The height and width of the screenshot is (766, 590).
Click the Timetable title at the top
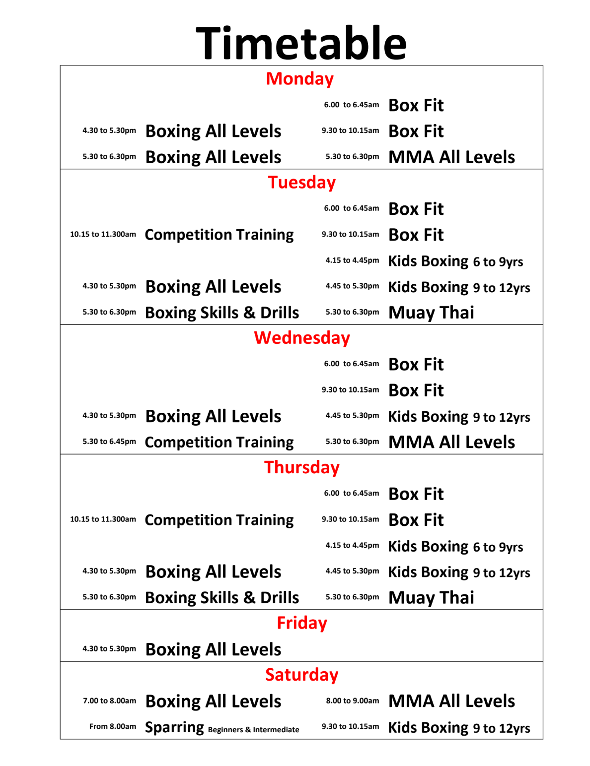[x=301, y=43]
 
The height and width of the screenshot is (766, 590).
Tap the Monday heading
[x=299, y=79]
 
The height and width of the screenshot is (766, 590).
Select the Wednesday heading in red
[x=301, y=338]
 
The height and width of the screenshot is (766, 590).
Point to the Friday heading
[x=301, y=623]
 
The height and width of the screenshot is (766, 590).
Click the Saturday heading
[x=301, y=675]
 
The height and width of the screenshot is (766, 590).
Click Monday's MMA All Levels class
[x=451, y=157]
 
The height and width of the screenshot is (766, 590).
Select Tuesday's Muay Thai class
[x=431, y=313]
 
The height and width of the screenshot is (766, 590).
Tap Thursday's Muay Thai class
[x=431, y=597]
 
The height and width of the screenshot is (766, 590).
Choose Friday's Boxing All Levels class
[x=213, y=649]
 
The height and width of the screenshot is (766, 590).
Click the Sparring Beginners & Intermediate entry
[x=222, y=728]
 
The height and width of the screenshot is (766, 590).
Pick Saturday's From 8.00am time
[x=112, y=726]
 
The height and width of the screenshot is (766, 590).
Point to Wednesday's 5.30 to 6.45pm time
[x=109, y=442]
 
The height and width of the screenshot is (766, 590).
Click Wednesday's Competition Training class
[x=219, y=442]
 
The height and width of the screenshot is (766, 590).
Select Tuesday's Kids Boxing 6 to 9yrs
[x=455, y=261]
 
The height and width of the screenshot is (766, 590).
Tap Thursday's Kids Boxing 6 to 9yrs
[x=455, y=546]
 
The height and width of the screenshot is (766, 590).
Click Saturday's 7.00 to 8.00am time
[x=109, y=701]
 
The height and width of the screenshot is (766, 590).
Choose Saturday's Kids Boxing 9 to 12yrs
[x=459, y=728]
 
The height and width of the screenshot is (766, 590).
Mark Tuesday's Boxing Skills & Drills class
[x=222, y=313]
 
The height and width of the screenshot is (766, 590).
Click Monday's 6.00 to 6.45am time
[x=351, y=105]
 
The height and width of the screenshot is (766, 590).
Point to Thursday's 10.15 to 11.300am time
[x=103, y=519]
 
